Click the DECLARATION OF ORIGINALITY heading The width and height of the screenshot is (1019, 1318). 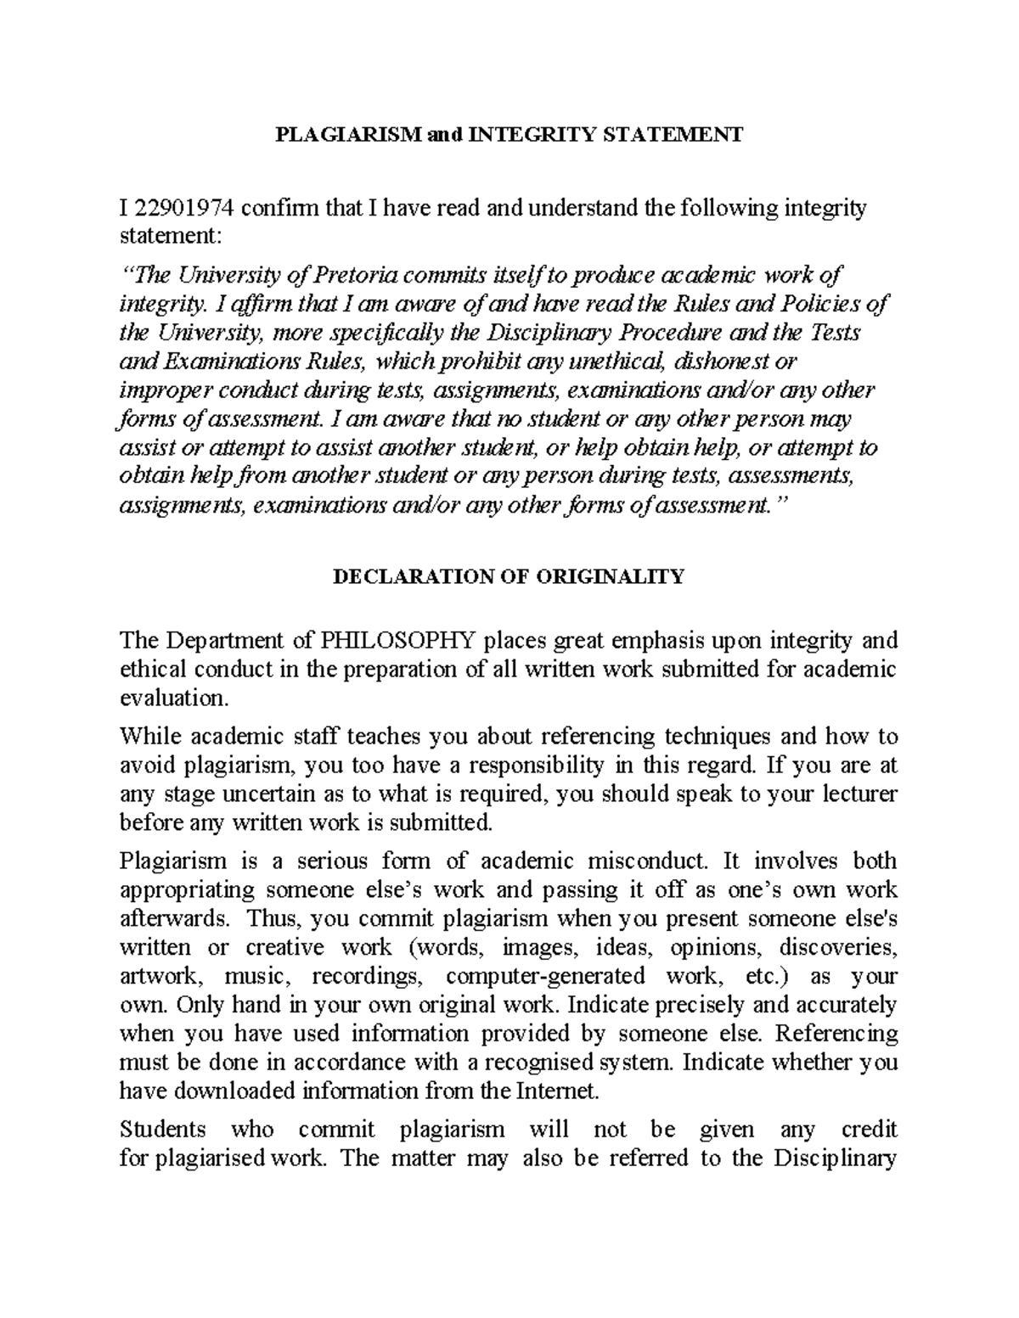508,577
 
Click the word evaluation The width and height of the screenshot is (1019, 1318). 174,698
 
